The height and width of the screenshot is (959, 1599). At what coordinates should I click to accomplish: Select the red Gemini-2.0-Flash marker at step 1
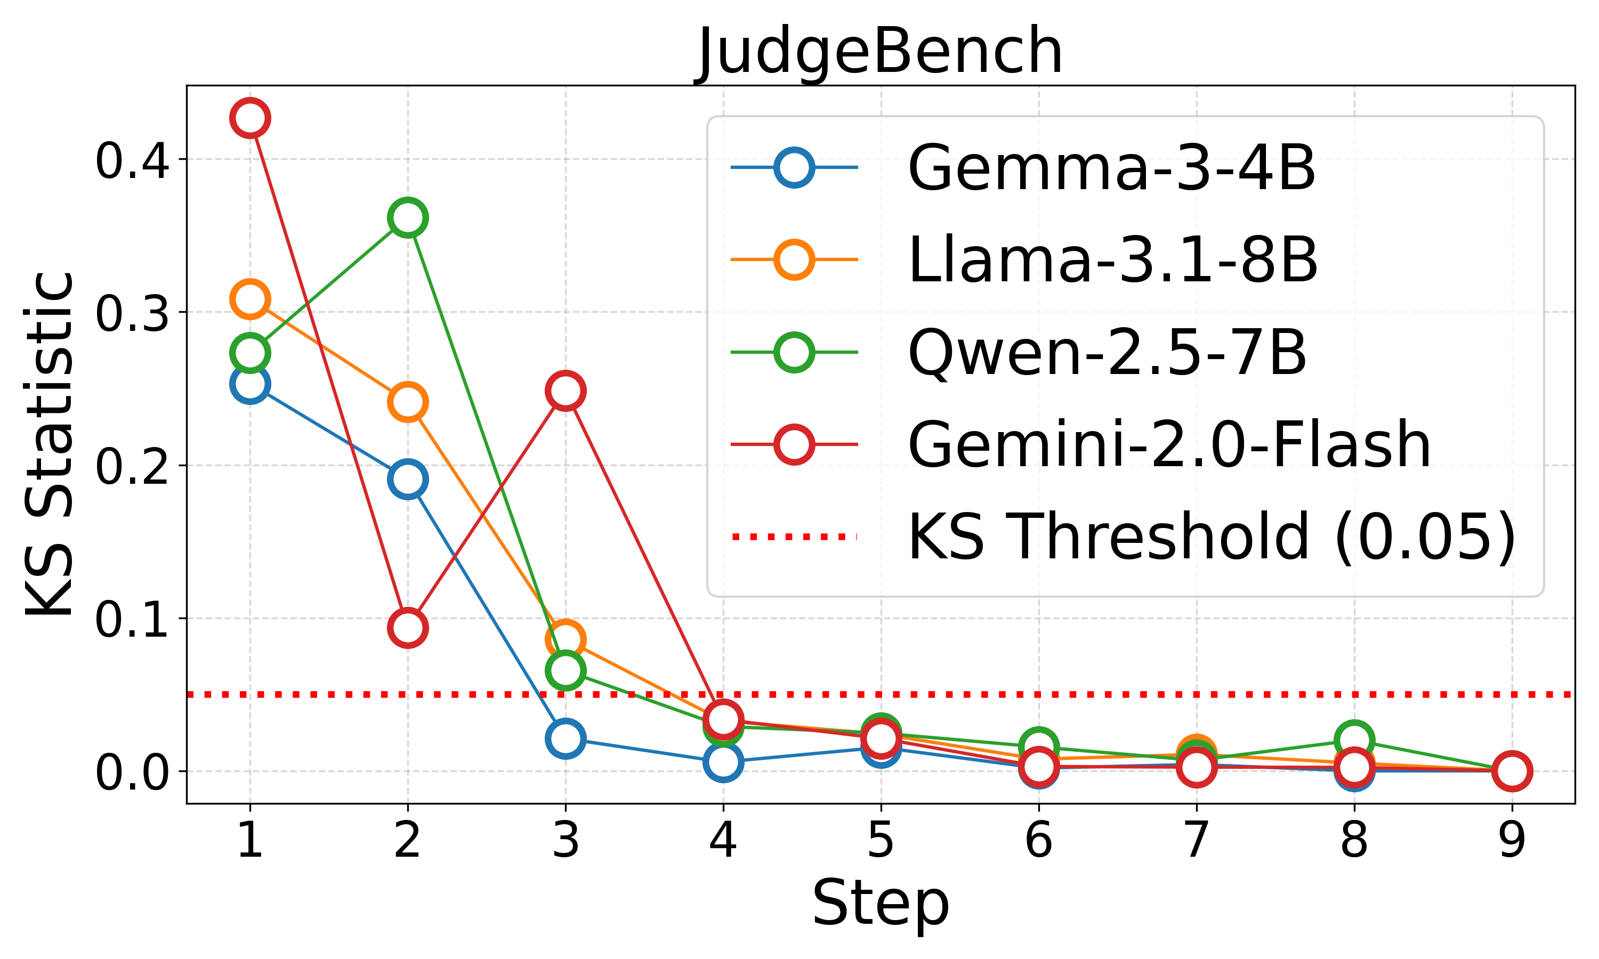[250, 118]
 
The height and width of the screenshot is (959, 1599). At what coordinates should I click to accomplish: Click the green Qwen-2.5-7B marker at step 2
[407, 218]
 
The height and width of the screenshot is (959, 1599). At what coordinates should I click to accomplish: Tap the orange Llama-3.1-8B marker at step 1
[250, 299]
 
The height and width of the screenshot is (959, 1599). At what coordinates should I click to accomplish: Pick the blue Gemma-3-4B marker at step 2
[407, 479]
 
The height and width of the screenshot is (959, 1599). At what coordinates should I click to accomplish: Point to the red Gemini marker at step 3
[566, 391]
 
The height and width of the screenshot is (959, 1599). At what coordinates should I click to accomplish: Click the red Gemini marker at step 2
[407, 627]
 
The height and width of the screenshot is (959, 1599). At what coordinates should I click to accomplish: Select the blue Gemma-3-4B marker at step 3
[566, 737]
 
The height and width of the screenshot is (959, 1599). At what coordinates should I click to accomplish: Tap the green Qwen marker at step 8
[1354, 739]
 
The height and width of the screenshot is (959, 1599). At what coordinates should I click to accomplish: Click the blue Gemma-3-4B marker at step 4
[723, 762]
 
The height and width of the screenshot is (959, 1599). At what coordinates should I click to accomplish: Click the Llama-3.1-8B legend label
[1112, 260]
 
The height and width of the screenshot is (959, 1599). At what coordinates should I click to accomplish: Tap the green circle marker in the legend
[794, 352]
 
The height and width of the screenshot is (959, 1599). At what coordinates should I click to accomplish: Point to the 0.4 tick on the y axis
[133, 160]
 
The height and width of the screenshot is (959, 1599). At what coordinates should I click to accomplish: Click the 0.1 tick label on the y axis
[133, 619]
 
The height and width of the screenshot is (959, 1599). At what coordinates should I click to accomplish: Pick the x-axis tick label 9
[1512, 840]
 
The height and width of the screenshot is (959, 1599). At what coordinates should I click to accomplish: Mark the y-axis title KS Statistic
[51, 445]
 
